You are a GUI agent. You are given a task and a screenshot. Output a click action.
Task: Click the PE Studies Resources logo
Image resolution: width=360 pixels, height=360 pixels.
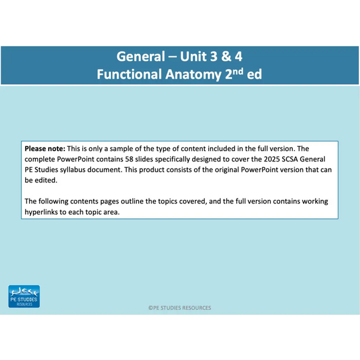point(24,296)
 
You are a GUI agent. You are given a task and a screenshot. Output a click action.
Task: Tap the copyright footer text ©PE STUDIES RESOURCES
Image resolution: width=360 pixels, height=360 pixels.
point(179,308)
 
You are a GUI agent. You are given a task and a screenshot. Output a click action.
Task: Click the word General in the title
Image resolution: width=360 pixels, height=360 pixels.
point(141,56)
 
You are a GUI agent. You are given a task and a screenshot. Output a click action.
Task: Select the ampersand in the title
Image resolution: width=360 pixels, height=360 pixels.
point(226,56)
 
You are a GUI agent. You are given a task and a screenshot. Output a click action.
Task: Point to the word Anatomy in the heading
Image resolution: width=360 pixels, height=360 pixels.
point(193,74)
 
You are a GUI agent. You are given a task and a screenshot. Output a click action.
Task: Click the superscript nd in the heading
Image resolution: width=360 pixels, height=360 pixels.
point(238,71)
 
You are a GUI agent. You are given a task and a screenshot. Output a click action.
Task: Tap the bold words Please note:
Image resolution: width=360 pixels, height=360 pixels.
point(45,149)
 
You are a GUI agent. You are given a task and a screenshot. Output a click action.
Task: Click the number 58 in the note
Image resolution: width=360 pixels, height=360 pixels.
point(129,159)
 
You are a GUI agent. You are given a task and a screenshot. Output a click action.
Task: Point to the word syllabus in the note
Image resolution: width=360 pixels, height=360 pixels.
point(73,170)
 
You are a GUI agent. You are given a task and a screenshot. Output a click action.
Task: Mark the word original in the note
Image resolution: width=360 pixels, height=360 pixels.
point(227,170)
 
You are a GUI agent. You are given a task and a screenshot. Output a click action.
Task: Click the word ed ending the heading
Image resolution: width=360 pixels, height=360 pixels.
point(254,74)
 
